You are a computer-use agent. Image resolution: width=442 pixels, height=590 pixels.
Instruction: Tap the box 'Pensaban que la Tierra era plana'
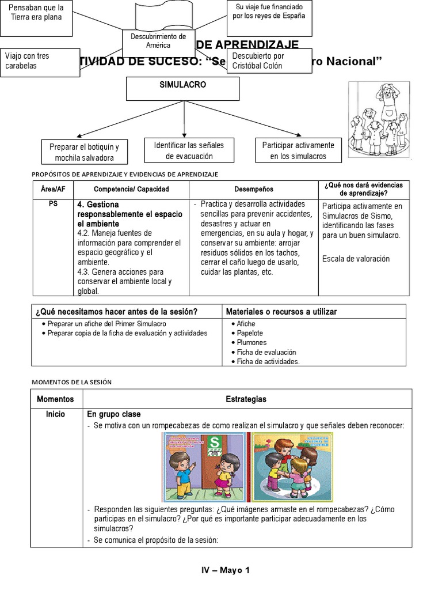(36, 12)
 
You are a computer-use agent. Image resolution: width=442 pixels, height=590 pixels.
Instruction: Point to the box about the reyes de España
(269, 12)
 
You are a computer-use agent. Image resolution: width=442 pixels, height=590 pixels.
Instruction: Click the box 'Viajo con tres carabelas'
(40, 61)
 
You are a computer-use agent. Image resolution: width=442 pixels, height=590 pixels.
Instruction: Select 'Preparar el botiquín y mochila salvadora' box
(84, 152)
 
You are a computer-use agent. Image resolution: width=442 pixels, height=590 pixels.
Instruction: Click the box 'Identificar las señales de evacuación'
(184, 150)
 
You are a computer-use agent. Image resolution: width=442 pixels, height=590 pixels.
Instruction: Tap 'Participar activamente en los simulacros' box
(298, 150)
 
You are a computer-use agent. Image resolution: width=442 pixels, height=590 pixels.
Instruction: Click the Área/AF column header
(53, 189)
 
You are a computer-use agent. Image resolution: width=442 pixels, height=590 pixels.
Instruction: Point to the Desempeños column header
(254, 189)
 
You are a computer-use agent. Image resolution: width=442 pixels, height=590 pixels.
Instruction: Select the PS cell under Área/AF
(53, 204)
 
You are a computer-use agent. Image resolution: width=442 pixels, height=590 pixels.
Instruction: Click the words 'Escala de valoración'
(356, 259)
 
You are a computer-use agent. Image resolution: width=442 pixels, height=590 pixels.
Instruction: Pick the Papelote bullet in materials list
(250, 334)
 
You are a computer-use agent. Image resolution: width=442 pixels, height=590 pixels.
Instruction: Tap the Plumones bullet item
(252, 343)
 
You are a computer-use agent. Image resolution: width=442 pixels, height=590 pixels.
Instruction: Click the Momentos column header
(55, 399)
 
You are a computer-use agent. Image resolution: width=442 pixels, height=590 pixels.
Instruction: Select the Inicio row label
(55, 414)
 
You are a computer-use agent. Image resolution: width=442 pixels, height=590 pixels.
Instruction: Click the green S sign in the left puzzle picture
(215, 442)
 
